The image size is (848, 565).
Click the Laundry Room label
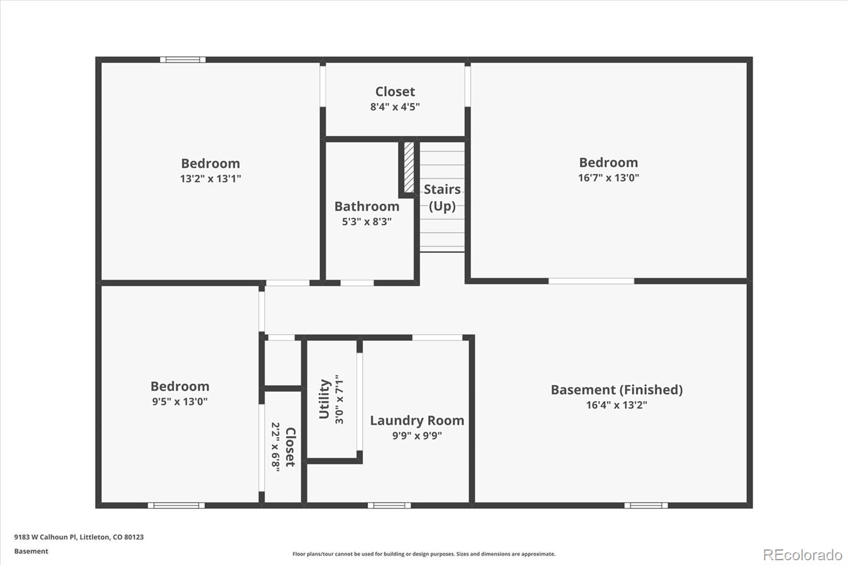(x=417, y=420)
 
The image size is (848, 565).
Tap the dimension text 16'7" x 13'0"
(x=608, y=178)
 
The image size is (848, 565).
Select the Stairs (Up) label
(x=442, y=197)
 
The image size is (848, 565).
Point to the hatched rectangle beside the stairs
(x=409, y=167)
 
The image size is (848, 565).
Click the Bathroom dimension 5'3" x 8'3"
(x=367, y=222)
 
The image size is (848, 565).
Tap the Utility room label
(x=324, y=399)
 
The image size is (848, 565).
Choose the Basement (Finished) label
(x=616, y=390)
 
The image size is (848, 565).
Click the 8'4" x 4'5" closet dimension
(x=395, y=107)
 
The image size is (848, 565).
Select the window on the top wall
(x=183, y=60)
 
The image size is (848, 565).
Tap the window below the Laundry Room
(x=389, y=505)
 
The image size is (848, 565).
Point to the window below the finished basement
(x=646, y=505)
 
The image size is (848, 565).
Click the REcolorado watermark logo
(x=802, y=555)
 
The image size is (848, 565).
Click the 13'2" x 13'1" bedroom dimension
(x=210, y=179)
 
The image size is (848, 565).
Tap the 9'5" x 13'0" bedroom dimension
(x=180, y=402)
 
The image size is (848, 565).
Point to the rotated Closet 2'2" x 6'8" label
(x=283, y=447)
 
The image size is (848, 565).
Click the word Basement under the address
(x=31, y=551)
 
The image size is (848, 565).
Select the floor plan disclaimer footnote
(x=424, y=554)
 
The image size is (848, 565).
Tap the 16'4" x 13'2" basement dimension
(x=616, y=405)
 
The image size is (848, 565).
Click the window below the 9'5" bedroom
(x=176, y=505)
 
